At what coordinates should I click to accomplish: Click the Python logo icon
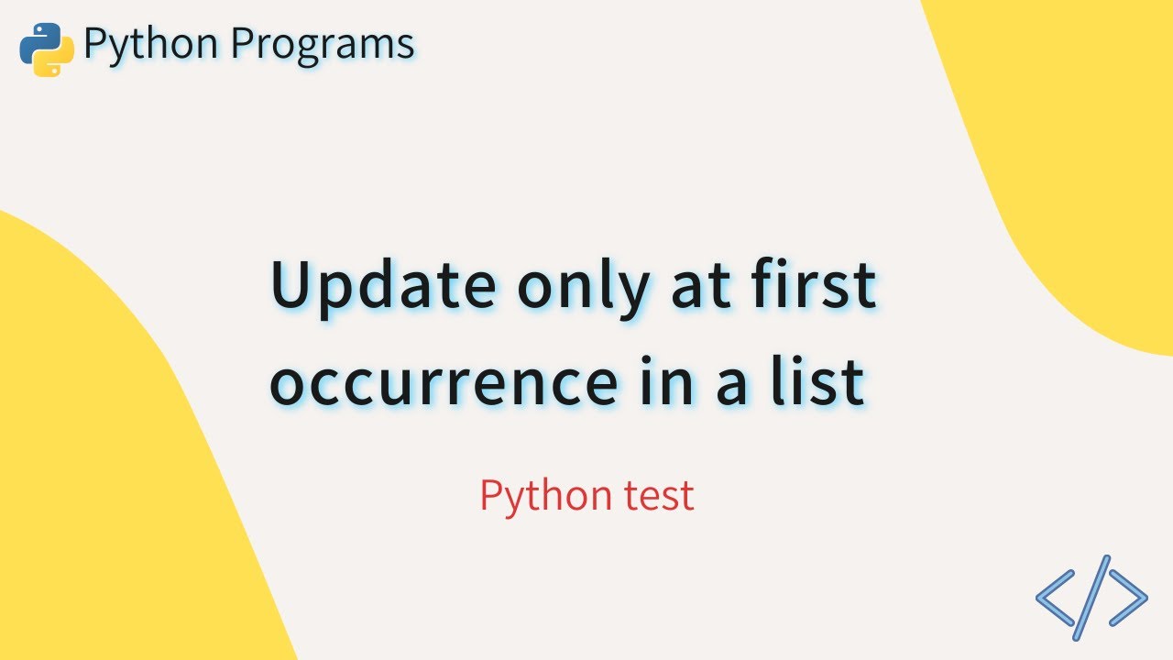(47, 49)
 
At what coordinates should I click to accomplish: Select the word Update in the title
(382, 286)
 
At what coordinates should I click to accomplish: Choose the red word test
(657, 497)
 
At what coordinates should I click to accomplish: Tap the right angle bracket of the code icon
(1128, 597)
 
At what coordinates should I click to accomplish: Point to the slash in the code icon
(1091, 597)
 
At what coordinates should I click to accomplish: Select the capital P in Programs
(241, 43)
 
